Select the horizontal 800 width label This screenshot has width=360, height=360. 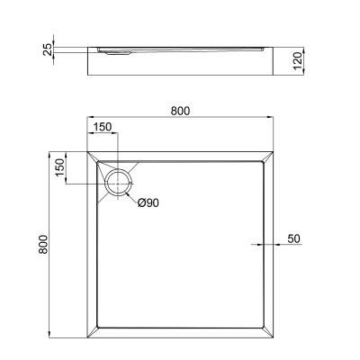[x=180, y=111]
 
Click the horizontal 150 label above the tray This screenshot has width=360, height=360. [x=103, y=128]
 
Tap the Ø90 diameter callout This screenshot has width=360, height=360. [x=148, y=203]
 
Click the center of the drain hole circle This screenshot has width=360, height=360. [x=118, y=183]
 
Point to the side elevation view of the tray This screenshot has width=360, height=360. [x=180, y=60]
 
